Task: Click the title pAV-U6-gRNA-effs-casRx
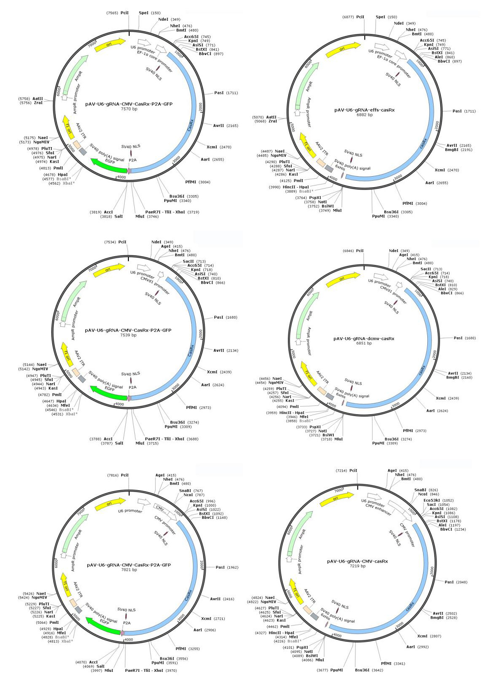364,110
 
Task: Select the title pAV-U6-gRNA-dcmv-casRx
364,338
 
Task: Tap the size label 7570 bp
129,109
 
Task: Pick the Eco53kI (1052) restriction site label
433,500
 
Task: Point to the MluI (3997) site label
109,670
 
